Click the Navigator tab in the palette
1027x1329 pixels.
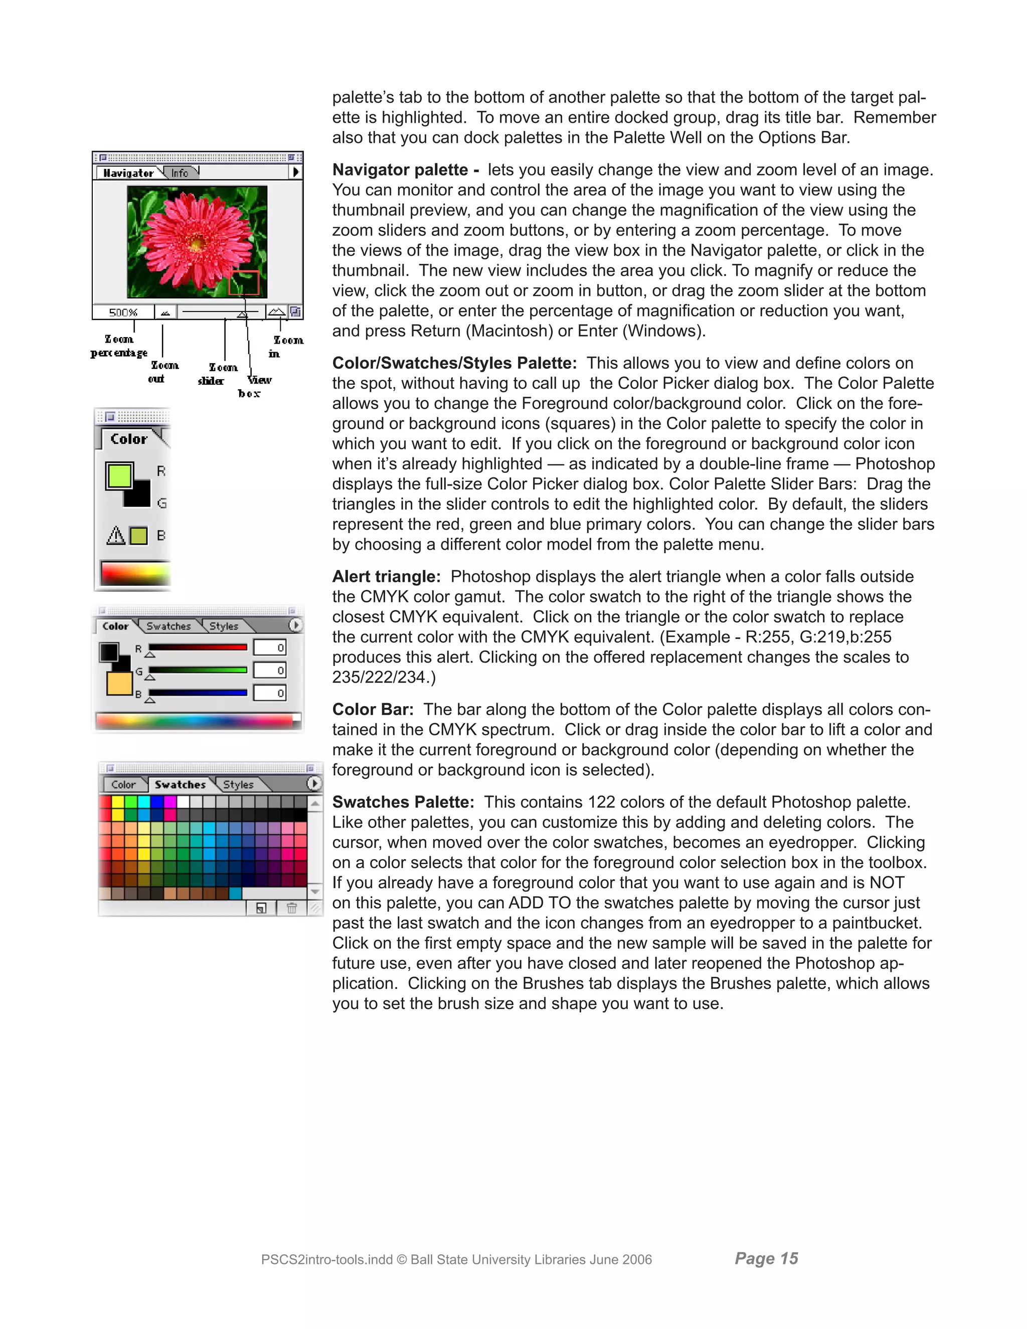pyautogui.click(x=128, y=173)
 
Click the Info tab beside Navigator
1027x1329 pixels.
pyautogui.click(x=180, y=173)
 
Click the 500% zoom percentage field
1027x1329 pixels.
pyautogui.click(x=123, y=312)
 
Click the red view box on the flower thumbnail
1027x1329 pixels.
pyautogui.click(x=243, y=283)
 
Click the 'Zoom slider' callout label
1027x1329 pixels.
pyautogui.click(x=217, y=374)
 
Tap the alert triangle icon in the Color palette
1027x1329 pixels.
pyautogui.click(x=116, y=536)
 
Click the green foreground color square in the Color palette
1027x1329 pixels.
pyautogui.click(x=119, y=475)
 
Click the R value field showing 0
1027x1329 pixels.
pyautogui.click(x=269, y=647)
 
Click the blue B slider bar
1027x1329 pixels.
pyautogui.click(x=198, y=693)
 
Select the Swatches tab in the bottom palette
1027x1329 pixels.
pyautogui.click(x=180, y=784)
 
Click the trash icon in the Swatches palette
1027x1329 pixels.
pyautogui.click(x=291, y=908)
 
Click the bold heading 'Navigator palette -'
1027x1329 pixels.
pyautogui.click(x=405, y=170)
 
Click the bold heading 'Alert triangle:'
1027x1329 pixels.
pyautogui.click(x=386, y=576)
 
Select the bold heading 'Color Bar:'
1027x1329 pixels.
pyautogui.click(x=373, y=710)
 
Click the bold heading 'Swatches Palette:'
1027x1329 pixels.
pyautogui.click(x=403, y=802)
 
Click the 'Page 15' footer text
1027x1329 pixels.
pyautogui.click(x=766, y=1258)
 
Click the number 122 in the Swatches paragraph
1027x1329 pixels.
pyautogui.click(x=597, y=802)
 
